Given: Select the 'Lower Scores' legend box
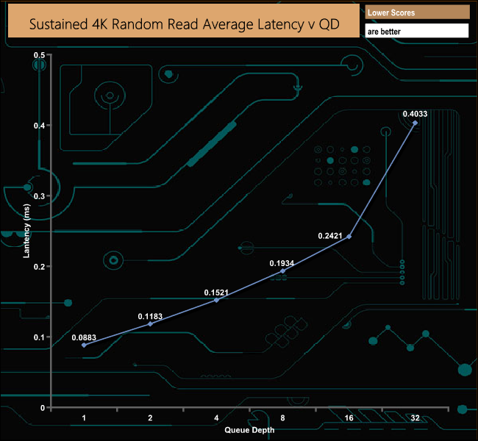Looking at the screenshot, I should point(417,12).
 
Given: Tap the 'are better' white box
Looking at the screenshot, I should point(417,32).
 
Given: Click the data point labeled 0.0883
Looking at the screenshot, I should point(84,345).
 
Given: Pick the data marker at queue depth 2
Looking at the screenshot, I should point(150,323).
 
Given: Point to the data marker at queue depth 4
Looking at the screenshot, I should point(216,300).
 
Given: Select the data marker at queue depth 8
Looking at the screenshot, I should point(282,270).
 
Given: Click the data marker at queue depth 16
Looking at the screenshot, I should point(349,237).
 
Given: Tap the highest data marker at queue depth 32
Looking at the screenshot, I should point(415,123).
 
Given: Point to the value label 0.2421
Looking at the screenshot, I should point(330,236).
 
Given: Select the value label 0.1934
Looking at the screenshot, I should point(282,262).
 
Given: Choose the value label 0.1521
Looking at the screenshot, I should point(216,292).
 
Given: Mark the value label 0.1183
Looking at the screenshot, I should point(150,316).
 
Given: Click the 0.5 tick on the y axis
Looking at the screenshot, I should point(40,55).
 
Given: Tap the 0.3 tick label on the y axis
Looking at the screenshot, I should point(40,196).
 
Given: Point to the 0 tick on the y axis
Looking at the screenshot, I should point(43,407).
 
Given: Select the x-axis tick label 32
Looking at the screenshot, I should point(415,417).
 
